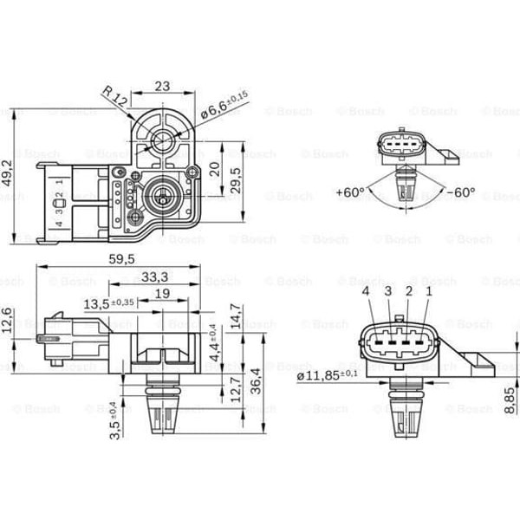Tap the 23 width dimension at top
tap(161, 86)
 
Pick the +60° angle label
tap(349, 192)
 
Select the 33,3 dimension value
tap(153, 276)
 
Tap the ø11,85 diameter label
tap(327, 374)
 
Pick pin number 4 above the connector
tap(366, 292)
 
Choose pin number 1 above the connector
tap(428, 292)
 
